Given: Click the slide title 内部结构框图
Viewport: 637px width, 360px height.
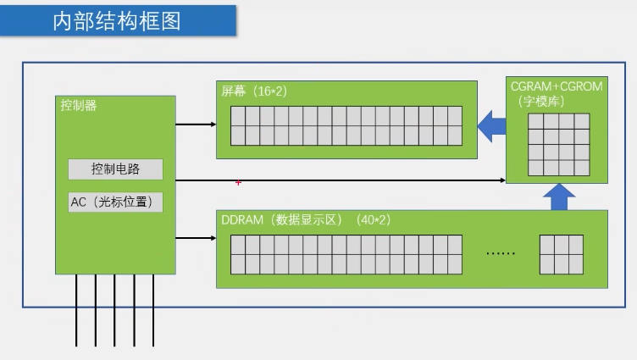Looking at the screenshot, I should (x=117, y=21).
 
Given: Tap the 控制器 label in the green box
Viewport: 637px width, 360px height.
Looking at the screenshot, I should (x=79, y=106).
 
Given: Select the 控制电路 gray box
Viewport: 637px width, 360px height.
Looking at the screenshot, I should (x=115, y=169).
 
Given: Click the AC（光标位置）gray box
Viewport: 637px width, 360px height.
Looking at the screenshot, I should (x=115, y=202).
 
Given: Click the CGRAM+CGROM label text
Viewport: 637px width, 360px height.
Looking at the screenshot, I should (x=556, y=86).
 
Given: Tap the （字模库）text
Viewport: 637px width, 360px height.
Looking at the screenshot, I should (x=543, y=101).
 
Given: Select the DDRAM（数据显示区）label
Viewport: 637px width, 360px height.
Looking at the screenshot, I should (x=280, y=219).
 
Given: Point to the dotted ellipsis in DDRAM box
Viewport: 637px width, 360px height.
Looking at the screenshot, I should (x=501, y=252).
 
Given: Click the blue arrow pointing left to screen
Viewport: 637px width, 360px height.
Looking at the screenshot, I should (x=491, y=128).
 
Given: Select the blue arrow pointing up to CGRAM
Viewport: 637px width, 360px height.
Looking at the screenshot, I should (x=557, y=197).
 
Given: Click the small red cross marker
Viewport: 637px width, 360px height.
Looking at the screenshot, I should (x=238, y=182).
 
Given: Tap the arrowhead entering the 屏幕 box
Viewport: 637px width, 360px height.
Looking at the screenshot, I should (x=213, y=125).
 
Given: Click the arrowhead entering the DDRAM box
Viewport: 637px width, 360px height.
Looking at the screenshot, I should (x=213, y=240).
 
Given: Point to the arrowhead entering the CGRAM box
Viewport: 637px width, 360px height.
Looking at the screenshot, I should (x=502, y=180).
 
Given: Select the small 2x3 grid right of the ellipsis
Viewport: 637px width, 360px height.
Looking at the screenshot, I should (x=561, y=254).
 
